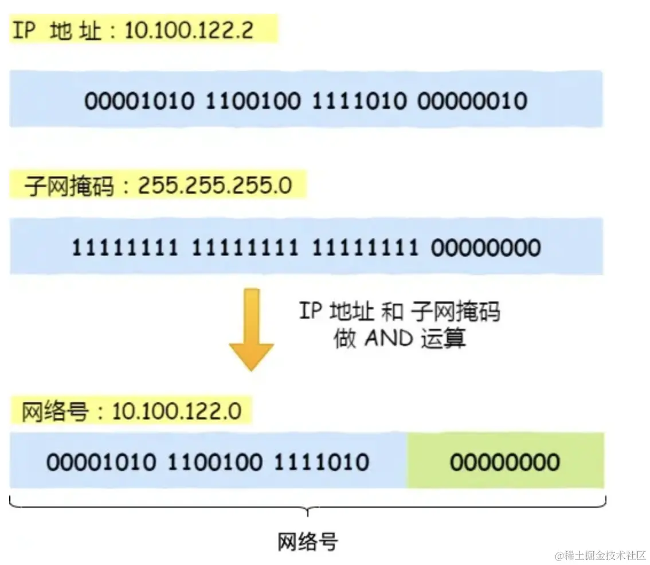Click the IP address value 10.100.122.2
189,29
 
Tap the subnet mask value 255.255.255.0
214,186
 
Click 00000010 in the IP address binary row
472,101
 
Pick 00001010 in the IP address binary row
139,101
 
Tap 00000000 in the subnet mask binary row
485,248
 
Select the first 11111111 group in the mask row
125,248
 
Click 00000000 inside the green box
504,462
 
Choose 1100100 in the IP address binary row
252,101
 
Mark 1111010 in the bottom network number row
321,462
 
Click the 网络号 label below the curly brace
307,541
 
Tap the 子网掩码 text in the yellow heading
69,186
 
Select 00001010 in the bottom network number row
101,462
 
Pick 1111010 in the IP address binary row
359,101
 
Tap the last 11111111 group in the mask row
365,248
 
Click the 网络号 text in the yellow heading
54,411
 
